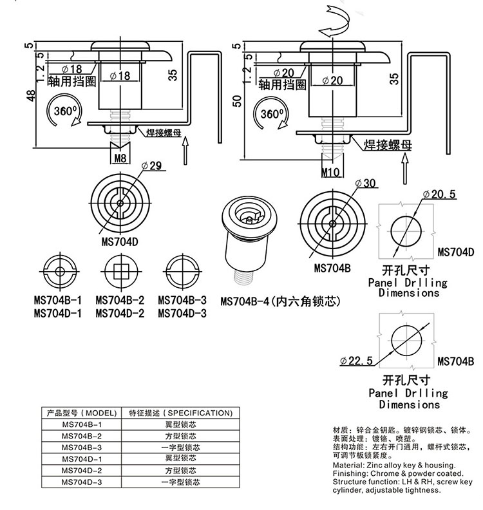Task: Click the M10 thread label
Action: pos(330,171)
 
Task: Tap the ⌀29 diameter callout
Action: pos(154,165)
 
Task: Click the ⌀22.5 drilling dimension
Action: pos(357,360)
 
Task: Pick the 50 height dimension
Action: pos(238,100)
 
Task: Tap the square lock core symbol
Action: pos(120,270)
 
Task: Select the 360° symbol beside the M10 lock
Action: pos(271,113)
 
